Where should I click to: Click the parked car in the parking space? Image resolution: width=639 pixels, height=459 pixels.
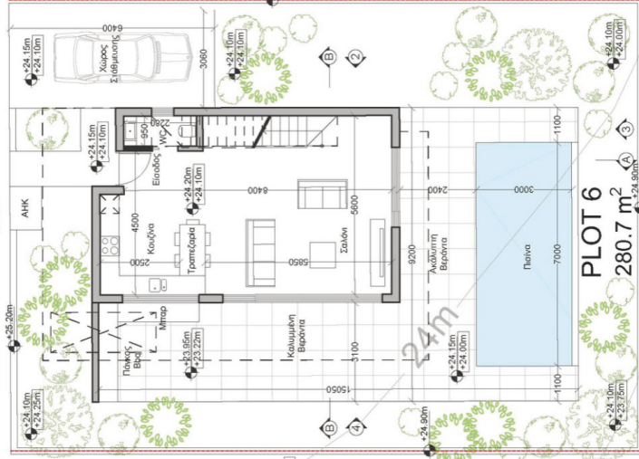click(121, 56)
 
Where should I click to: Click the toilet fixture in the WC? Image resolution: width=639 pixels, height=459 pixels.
click(186, 133)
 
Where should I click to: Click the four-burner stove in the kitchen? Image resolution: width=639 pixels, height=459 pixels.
click(111, 244)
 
